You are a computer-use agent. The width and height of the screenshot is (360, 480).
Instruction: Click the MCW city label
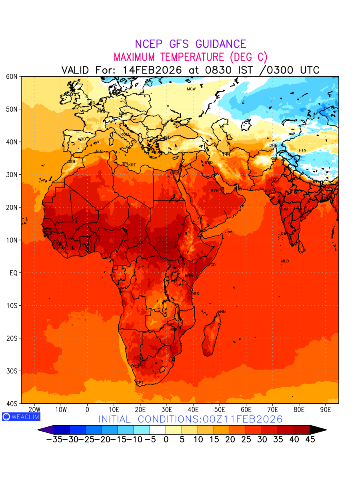pos(191,89)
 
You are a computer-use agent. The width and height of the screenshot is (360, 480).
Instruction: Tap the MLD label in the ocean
pos(285,261)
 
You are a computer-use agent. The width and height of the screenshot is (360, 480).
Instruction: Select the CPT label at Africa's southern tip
pos(140,383)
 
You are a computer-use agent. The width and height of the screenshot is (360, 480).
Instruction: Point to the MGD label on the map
pos(212,265)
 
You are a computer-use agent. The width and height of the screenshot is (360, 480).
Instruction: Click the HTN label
pos(302,150)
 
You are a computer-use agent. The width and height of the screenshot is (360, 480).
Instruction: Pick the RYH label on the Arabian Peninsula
pos(215,191)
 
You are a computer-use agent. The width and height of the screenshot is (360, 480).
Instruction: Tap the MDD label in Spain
pos(82,139)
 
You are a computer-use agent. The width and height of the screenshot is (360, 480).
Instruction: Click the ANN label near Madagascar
pos(222,312)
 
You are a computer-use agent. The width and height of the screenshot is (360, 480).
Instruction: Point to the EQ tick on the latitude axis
pos(14,273)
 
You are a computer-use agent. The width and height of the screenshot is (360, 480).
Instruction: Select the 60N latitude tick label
pos(12,76)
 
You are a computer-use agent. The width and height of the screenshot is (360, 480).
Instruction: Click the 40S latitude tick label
pos(12,404)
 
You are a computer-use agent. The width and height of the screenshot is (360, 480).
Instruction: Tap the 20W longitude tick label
pos(35,410)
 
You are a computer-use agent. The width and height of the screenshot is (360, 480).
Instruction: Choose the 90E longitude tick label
pos(326,410)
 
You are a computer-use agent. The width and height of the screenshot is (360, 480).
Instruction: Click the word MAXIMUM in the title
pos(140,57)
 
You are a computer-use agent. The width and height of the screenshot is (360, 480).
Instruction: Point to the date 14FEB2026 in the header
pos(152,70)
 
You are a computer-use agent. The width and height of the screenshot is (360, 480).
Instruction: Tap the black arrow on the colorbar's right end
pos(318,430)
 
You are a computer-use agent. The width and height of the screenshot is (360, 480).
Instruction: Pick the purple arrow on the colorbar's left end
pos(46,430)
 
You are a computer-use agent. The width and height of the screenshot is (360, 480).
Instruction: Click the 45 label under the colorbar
pos(310,440)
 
